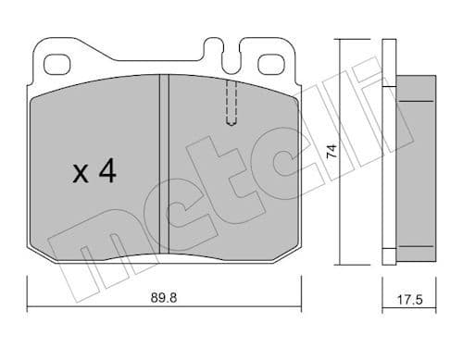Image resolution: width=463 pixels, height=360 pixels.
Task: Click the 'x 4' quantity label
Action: [x=94, y=171]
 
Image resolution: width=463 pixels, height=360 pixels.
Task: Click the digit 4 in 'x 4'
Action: [x=106, y=171]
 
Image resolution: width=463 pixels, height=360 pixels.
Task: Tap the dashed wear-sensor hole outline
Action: [x=231, y=100]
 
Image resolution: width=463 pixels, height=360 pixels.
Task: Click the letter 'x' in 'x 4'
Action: [x=81, y=173]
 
